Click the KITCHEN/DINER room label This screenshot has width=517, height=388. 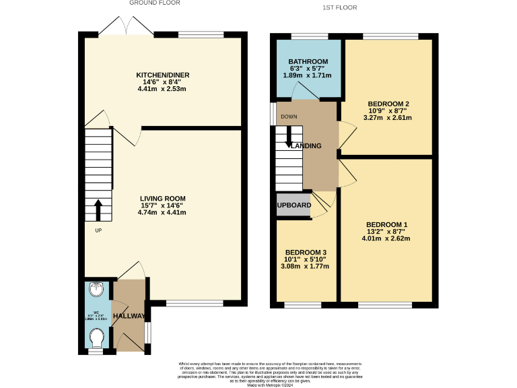(x=162, y=74)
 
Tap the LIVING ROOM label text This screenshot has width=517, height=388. (x=162, y=198)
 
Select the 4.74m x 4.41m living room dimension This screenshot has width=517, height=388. (x=162, y=212)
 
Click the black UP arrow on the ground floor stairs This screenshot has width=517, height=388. (x=98, y=210)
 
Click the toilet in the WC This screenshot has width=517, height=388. (x=98, y=335)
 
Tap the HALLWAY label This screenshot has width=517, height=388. (x=129, y=316)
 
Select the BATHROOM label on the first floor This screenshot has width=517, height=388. (x=308, y=61)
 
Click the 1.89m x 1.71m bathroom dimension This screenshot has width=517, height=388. (x=308, y=76)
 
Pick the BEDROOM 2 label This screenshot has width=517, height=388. (x=388, y=104)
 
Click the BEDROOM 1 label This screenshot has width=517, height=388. (x=386, y=224)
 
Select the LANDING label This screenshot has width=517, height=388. (x=306, y=146)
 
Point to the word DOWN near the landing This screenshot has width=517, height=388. (x=289, y=116)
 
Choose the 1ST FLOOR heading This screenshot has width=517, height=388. (x=340, y=7)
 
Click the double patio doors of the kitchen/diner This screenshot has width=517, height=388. (x=126, y=27)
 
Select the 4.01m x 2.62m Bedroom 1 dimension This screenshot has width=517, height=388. (x=386, y=238)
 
